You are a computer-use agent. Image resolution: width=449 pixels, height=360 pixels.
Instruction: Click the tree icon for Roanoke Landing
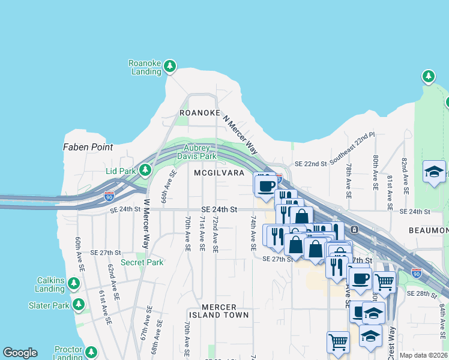[x=170, y=65]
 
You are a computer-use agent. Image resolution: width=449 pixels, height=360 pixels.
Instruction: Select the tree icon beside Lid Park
[x=145, y=171]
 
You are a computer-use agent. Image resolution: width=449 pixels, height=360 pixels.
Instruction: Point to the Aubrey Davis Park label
[x=196, y=152]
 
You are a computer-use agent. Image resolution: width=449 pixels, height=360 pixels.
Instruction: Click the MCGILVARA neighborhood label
[x=219, y=173]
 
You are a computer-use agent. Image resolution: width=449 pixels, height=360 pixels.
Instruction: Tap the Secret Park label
[x=142, y=262]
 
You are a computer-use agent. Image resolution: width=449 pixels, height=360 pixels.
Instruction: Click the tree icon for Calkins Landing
[x=74, y=283]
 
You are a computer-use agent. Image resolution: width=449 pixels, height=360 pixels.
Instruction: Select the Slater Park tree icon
[x=79, y=305]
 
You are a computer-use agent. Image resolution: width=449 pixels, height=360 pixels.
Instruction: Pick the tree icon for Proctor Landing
[x=91, y=352]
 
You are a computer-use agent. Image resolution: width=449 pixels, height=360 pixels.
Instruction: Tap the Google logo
[x=20, y=353]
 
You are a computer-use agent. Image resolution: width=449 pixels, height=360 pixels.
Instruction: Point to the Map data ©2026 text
[x=423, y=355]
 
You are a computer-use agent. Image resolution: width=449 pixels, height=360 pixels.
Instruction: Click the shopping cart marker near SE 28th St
[x=384, y=281]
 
